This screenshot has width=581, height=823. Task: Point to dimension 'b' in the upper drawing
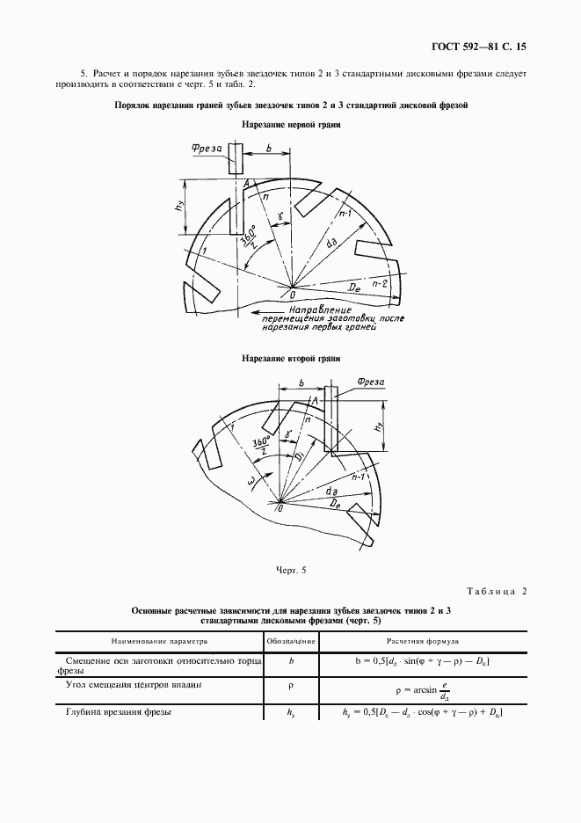coord(265,150)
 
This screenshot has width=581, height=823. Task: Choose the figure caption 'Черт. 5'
coord(290,571)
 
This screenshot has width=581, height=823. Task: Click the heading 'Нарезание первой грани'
coord(291,125)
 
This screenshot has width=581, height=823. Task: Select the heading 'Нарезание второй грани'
coord(291,359)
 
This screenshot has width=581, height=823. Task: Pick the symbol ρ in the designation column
coord(290,683)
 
